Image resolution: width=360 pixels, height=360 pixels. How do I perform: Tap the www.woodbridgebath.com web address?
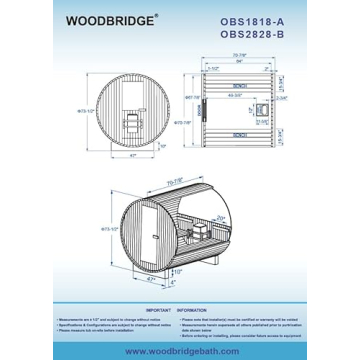179,341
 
